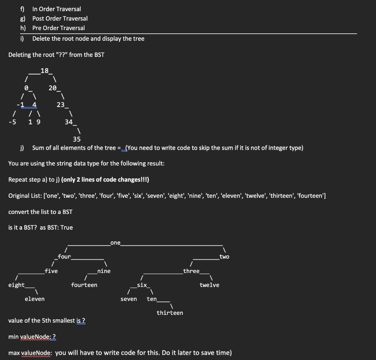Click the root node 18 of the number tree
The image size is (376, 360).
tap(45, 71)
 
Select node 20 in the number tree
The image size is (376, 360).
tap(53, 88)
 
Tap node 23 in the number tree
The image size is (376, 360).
tap(61, 105)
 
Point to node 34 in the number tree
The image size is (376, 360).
tap(69, 122)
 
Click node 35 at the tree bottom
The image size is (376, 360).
tap(77, 139)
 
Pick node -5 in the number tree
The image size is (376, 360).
tap(12, 122)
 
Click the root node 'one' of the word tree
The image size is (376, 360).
tap(115, 243)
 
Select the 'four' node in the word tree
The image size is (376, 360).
tap(65, 257)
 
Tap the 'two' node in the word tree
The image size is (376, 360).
tap(224, 257)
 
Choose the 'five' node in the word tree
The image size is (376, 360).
tap(51, 271)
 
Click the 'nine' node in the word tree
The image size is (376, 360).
tap(104, 271)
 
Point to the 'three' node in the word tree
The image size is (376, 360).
tap(191, 271)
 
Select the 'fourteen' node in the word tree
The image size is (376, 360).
tap(84, 285)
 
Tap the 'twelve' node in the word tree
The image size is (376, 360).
tap(209, 285)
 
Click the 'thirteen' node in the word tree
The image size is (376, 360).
tap(170, 313)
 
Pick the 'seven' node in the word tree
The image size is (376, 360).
tap(129, 299)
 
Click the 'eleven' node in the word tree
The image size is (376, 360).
tap(35, 299)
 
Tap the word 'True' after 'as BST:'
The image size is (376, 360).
tap(66, 228)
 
